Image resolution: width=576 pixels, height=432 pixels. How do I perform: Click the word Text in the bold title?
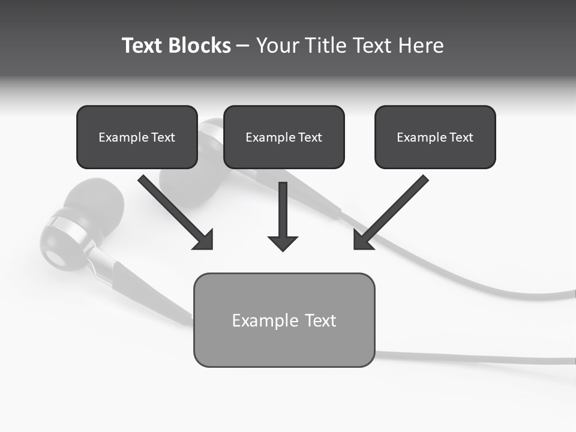tap(143, 46)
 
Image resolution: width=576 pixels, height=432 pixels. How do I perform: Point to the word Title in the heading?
tap(327, 46)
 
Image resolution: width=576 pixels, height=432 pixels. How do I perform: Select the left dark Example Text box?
tap(137, 137)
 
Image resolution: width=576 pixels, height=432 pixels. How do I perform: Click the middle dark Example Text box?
tap(284, 137)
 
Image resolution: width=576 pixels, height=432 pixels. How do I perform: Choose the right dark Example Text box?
tap(435, 137)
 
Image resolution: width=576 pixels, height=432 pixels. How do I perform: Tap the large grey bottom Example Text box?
tap(284, 320)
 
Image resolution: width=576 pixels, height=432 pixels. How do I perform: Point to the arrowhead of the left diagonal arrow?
tap(204, 240)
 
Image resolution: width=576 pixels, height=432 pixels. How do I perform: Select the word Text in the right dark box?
tap(461, 137)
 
